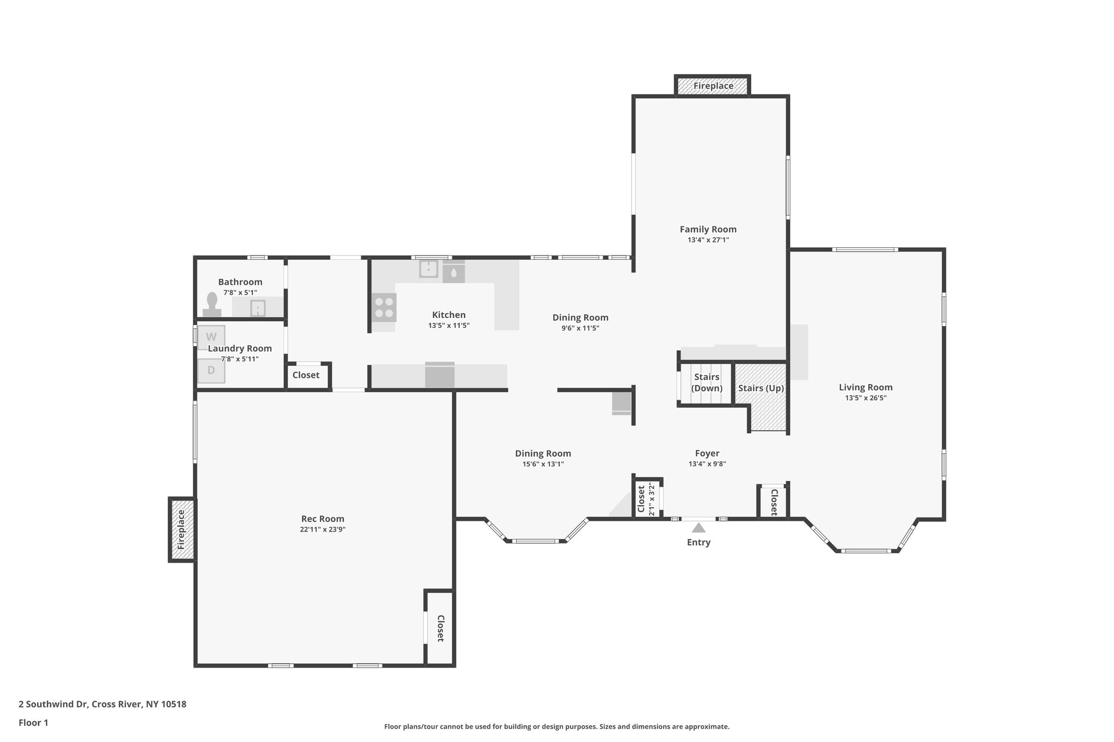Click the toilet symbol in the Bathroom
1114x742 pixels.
(x=212, y=304)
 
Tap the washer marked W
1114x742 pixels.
(x=211, y=336)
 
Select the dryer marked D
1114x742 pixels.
(x=211, y=371)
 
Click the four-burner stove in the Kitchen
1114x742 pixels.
(x=384, y=308)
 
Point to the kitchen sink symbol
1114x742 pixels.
(x=429, y=269)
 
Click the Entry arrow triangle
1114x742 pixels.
(x=699, y=528)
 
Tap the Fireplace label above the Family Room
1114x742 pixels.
(x=713, y=86)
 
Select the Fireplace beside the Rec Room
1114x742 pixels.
(x=182, y=529)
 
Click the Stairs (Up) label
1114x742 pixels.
(x=760, y=388)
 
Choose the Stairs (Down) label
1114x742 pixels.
(x=707, y=383)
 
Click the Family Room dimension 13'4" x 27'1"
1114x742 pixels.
(x=708, y=240)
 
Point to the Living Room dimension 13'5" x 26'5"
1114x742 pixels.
(x=865, y=398)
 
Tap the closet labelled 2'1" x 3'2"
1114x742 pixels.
(x=646, y=498)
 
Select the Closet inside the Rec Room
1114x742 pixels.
(x=440, y=628)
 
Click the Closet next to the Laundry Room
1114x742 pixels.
(x=306, y=375)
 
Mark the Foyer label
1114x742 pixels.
(x=707, y=453)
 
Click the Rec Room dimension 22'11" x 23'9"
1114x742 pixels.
(x=323, y=529)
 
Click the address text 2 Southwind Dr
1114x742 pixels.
(x=102, y=704)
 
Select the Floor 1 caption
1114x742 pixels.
(x=33, y=723)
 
